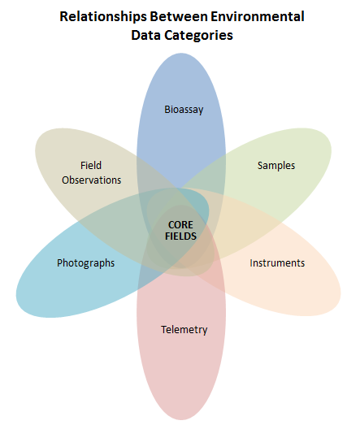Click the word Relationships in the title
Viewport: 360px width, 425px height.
tap(103, 17)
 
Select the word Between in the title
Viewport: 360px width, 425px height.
tap(179, 16)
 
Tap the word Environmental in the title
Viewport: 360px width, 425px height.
tap(258, 16)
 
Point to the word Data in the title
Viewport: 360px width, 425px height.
tap(145, 35)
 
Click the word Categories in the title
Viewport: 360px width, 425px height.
tap(198, 36)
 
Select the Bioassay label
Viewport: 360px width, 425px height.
tap(184, 110)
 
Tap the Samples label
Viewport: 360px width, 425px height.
tap(276, 166)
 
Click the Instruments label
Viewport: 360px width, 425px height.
tap(277, 263)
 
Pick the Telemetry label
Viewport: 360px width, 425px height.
tap(184, 330)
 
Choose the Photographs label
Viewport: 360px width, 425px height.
tap(85, 263)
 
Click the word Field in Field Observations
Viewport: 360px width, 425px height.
tap(91, 165)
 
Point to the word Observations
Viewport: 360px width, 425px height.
tap(91, 180)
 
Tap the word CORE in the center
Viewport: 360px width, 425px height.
tap(180, 225)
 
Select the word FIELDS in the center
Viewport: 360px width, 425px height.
tap(180, 236)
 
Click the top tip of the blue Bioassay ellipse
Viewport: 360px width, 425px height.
tap(181, 54)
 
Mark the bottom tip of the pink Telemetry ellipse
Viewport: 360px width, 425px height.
tap(181, 419)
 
